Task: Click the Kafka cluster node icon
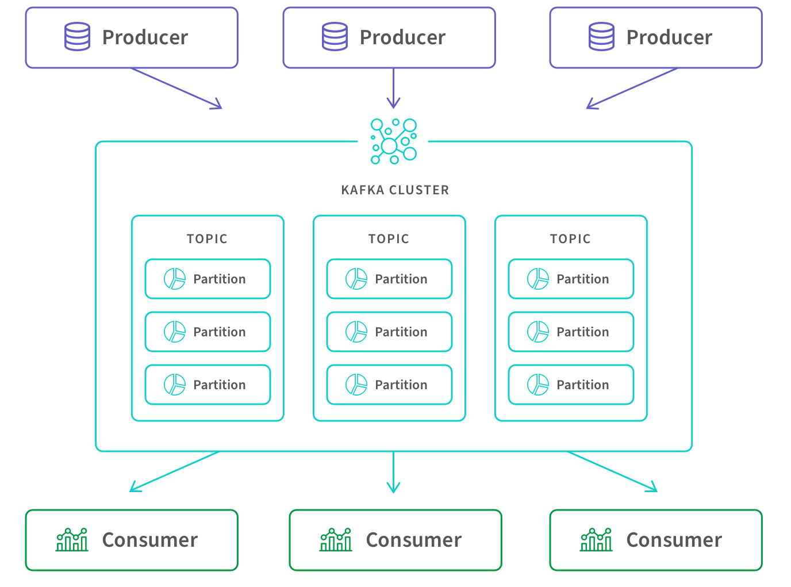coord(394,141)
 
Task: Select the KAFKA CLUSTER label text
coord(394,190)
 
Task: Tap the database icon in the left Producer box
coord(77,37)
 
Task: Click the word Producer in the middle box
coord(402,37)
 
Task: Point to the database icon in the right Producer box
coord(601,37)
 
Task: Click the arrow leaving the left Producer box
coord(176,88)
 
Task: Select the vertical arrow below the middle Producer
coord(394,89)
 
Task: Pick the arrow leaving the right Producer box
coord(631,88)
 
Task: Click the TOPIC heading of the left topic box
coord(207,239)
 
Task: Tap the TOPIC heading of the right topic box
coord(570,239)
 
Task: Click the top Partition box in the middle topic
coord(389,279)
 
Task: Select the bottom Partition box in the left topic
coord(208,385)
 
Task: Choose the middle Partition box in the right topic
coord(571,332)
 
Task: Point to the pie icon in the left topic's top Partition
coord(175,279)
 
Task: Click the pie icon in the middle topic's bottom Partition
coord(356,385)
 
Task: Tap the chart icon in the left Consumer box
coord(72,540)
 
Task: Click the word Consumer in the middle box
coord(413,540)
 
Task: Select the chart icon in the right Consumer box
coord(596,540)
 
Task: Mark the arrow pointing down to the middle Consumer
coord(394,473)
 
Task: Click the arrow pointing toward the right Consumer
coord(612,472)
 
